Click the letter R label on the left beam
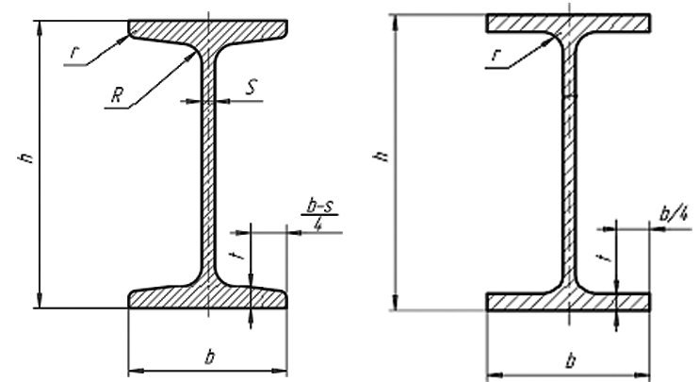(117, 95)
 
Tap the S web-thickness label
(252, 87)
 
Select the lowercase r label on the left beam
(74, 53)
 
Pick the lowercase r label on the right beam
(496, 56)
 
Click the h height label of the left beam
(26, 158)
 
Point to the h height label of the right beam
(382, 156)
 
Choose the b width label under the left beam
(209, 357)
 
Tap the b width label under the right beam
(570, 360)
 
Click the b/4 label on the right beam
(674, 214)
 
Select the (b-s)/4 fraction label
(320, 215)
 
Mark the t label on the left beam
(237, 255)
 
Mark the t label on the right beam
(605, 257)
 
